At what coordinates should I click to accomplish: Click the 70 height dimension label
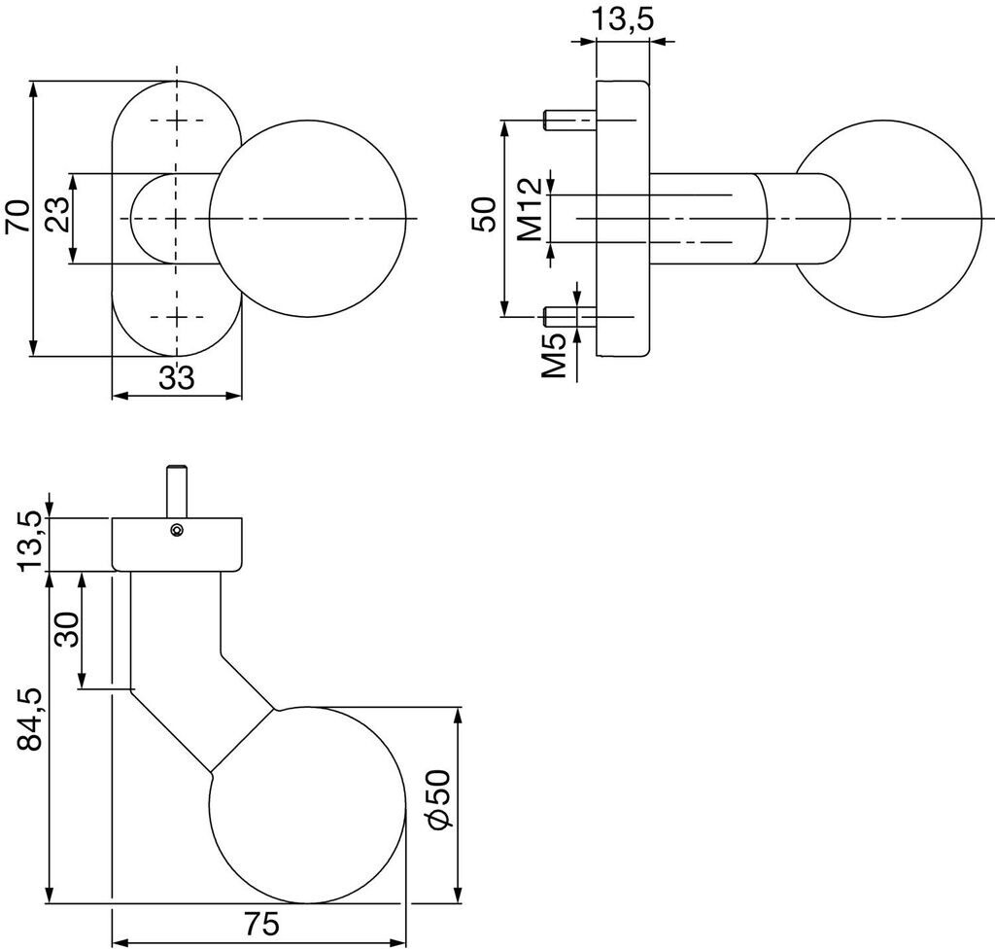(17, 217)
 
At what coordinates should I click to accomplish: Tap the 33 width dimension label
(177, 377)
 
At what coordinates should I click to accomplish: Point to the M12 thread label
(529, 209)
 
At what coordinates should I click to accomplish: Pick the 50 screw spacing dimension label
(485, 216)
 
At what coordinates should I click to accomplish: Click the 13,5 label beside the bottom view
(32, 542)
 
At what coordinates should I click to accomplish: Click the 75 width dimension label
(259, 925)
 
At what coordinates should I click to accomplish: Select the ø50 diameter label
(438, 798)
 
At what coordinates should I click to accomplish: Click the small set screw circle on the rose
(176, 529)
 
